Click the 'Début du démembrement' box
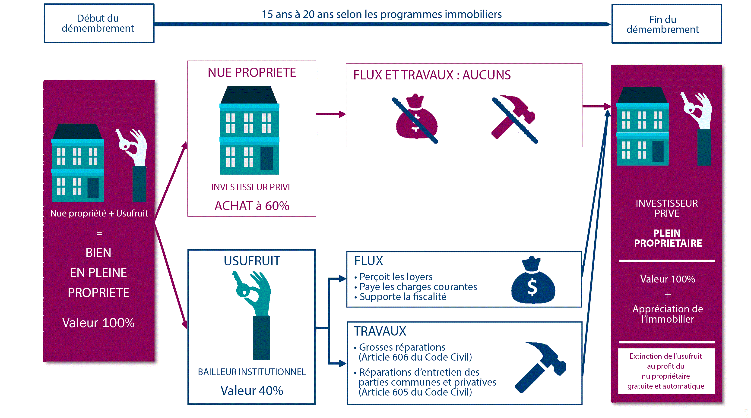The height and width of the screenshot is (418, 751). point(99,23)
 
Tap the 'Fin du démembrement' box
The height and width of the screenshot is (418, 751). point(666,24)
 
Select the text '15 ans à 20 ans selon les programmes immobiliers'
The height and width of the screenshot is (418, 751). point(381,14)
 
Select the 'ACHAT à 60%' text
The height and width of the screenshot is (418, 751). point(252,206)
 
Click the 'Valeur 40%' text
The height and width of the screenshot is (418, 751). point(252,391)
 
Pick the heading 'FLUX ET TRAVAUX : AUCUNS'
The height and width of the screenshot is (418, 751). point(432,75)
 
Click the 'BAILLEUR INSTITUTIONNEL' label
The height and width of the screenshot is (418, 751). point(252,372)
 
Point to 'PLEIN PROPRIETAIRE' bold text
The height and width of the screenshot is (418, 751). point(668,238)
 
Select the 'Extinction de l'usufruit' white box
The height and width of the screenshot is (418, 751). point(666,371)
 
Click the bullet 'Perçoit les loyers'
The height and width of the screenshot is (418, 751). point(396,277)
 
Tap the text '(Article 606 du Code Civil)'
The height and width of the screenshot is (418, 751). point(415,357)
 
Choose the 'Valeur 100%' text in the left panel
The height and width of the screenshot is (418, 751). point(98,323)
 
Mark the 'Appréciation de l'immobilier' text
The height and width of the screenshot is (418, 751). point(668,314)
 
